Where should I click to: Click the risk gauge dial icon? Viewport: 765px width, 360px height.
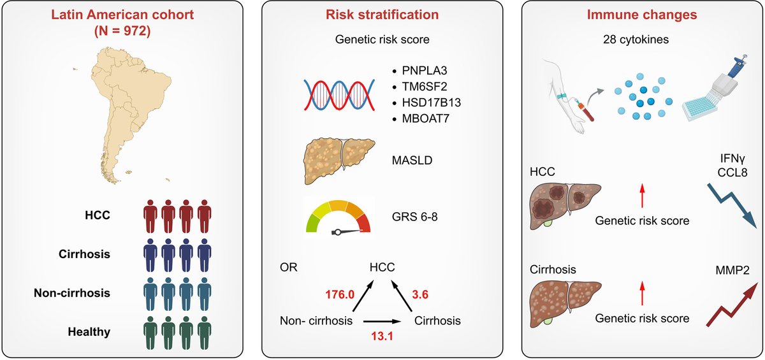point(338,217)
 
